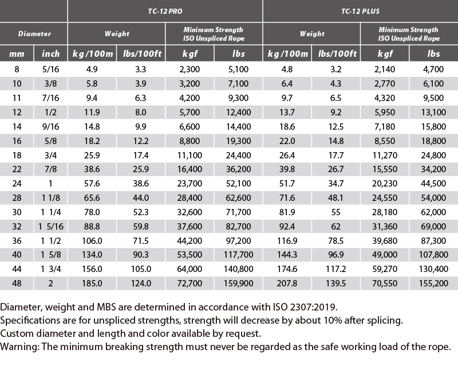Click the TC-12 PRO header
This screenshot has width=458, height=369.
(x=165, y=11)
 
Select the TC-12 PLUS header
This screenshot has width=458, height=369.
(x=361, y=11)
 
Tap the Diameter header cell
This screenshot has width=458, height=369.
(x=34, y=34)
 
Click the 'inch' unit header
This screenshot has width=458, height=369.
(x=50, y=53)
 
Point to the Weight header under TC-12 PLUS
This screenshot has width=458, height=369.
(x=312, y=34)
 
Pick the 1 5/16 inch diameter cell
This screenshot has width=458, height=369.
(x=50, y=226)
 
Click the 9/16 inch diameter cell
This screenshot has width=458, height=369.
(x=50, y=126)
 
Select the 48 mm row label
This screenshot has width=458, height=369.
(x=17, y=283)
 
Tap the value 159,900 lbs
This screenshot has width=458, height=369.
(x=238, y=283)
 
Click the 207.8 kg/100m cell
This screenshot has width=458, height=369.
(x=287, y=283)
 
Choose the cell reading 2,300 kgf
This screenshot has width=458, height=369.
(x=189, y=69)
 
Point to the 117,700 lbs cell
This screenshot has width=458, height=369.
(x=238, y=254)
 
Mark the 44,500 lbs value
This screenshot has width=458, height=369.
(x=433, y=183)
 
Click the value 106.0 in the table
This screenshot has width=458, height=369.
(x=92, y=240)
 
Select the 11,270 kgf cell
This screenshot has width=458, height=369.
(x=385, y=155)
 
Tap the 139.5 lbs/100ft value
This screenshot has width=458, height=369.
(x=336, y=283)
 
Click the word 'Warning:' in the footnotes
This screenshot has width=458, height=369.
(x=19, y=347)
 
